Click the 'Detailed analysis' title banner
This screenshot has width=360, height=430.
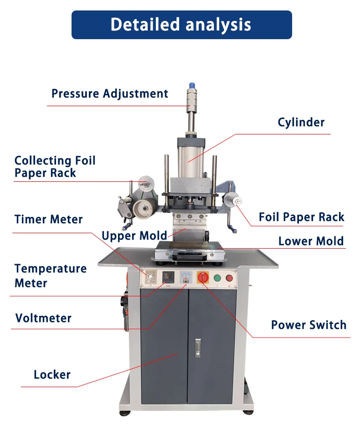click(181, 25)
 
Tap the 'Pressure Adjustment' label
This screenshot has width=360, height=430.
click(109, 94)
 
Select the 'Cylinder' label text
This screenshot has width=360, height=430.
click(301, 122)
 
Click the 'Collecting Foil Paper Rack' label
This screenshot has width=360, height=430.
click(55, 167)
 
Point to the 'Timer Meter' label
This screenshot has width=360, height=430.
click(48, 220)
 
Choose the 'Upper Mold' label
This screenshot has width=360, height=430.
click(134, 235)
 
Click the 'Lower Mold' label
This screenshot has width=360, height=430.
click(311, 241)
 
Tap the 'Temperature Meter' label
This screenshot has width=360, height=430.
click(50, 276)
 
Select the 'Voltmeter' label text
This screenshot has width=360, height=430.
click(43, 318)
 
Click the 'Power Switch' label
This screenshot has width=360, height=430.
click(309, 325)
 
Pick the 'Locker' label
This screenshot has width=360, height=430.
click(52, 375)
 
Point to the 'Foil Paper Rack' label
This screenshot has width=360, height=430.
click(301, 217)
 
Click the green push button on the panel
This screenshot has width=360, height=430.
click(217, 278)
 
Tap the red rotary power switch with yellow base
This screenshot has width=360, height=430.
click(201, 277)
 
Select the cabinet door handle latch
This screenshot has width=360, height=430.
click(198, 348)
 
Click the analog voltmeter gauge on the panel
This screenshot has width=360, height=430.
click(185, 277)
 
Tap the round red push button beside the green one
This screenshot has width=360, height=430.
click(229, 278)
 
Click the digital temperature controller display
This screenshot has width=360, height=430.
click(169, 276)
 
